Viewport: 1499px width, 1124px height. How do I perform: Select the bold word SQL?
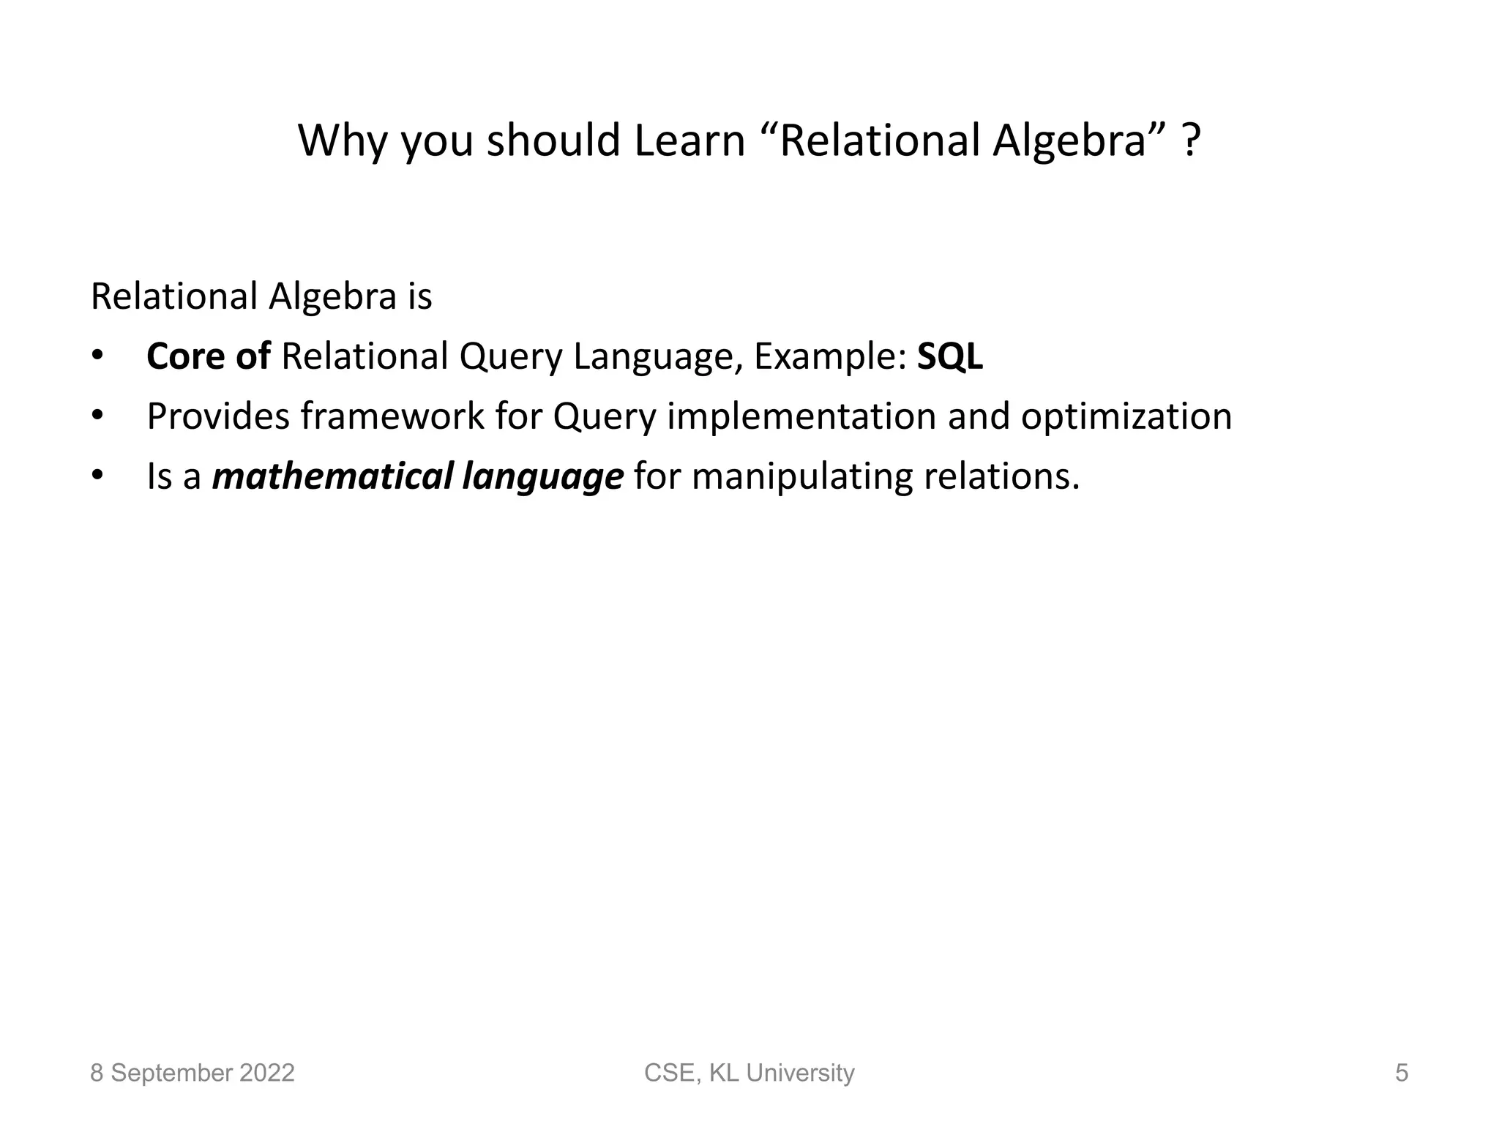coord(949,357)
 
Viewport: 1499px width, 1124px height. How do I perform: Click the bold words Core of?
coord(209,357)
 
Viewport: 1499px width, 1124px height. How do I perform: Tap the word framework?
coord(393,416)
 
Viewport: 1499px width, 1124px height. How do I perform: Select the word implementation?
coord(801,416)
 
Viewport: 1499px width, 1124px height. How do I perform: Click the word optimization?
coord(1126,416)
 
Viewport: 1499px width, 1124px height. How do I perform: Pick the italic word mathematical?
coord(332,476)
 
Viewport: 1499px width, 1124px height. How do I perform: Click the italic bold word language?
coord(542,478)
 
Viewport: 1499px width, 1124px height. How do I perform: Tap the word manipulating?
coord(802,478)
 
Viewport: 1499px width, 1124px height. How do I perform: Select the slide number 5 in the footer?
coord(1401,1073)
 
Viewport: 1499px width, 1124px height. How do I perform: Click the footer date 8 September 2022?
coord(192,1073)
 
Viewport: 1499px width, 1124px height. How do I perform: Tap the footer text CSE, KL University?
coord(749,1073)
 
